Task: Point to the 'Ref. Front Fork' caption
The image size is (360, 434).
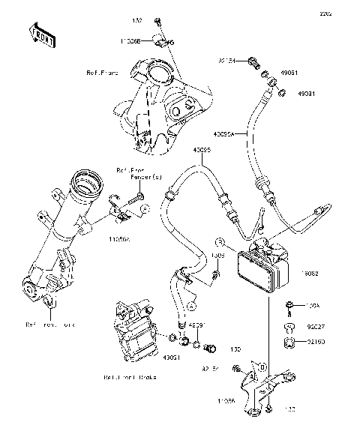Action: click(51, 325)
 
